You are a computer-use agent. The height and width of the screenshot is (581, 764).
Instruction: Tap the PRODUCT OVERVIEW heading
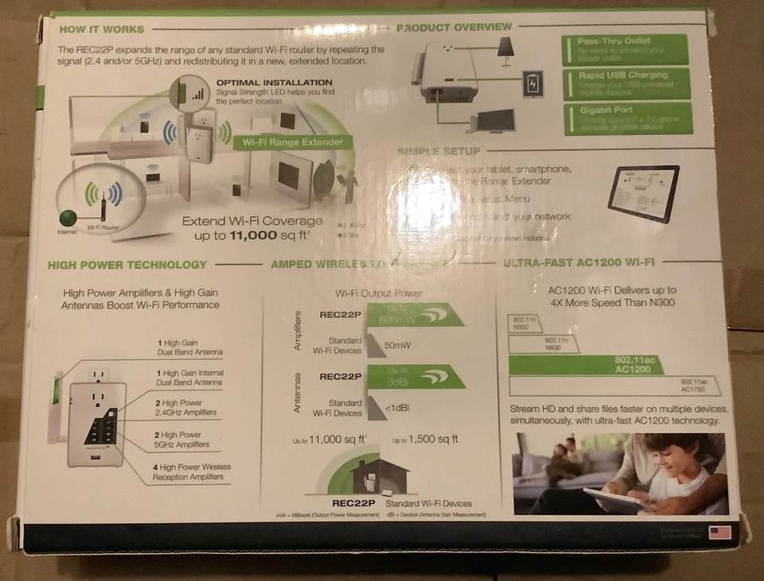(454, 27)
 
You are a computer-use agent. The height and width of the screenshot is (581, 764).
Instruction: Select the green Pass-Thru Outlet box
(625, 48)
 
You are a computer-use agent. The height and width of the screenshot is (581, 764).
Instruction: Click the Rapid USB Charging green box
(626, 83)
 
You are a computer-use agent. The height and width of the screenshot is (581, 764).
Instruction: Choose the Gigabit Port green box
(627, 118)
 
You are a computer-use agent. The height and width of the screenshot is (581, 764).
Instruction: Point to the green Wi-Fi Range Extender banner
(293, 143)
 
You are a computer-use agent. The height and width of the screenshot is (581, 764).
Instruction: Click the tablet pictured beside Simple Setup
(643, 193)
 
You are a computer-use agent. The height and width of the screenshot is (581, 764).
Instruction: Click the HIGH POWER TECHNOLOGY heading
(127, 265)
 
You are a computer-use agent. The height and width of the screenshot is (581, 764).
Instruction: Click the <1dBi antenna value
(397, 408)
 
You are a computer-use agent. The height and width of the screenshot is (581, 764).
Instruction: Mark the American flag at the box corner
(719, 532)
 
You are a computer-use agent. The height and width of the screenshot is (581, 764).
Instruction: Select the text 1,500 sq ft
(426, 439)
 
